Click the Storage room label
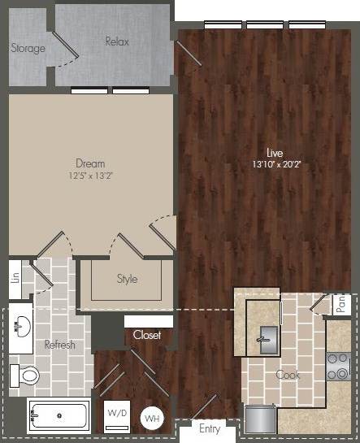pos(28,48)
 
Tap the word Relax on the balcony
pos(117,41)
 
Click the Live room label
pos(275,152)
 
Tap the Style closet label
pos(127,279)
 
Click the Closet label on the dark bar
pos(147,335)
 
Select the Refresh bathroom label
pos(59,345)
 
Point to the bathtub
pos(59,416)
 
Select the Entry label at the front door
pos(209,428)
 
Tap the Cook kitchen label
pos(288,375)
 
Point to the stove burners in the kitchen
pos(335,367)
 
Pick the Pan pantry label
pos(341,304)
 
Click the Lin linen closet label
pos(15,277)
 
